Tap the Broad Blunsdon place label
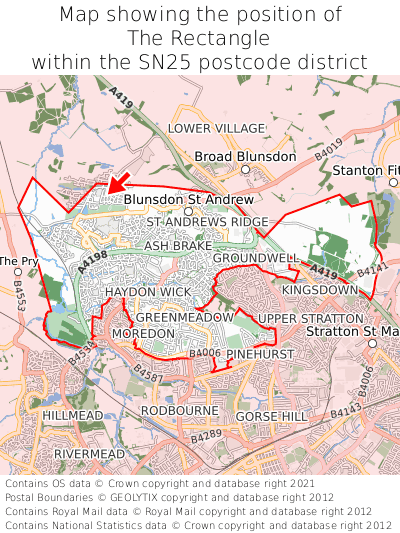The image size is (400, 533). point(245,157)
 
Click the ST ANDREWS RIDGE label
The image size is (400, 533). point(208,221)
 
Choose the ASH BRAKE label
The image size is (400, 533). point(177,245)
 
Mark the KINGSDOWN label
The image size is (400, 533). point(320,290)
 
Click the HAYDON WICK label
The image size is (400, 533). point(147,291)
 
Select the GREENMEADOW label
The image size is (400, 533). point(185,316)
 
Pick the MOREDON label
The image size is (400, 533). point(143,332)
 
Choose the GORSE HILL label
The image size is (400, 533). point(271,415)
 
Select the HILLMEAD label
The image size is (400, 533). point(72,414)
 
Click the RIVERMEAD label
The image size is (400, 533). point(89,453)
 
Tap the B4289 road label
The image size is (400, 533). point(206,436)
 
